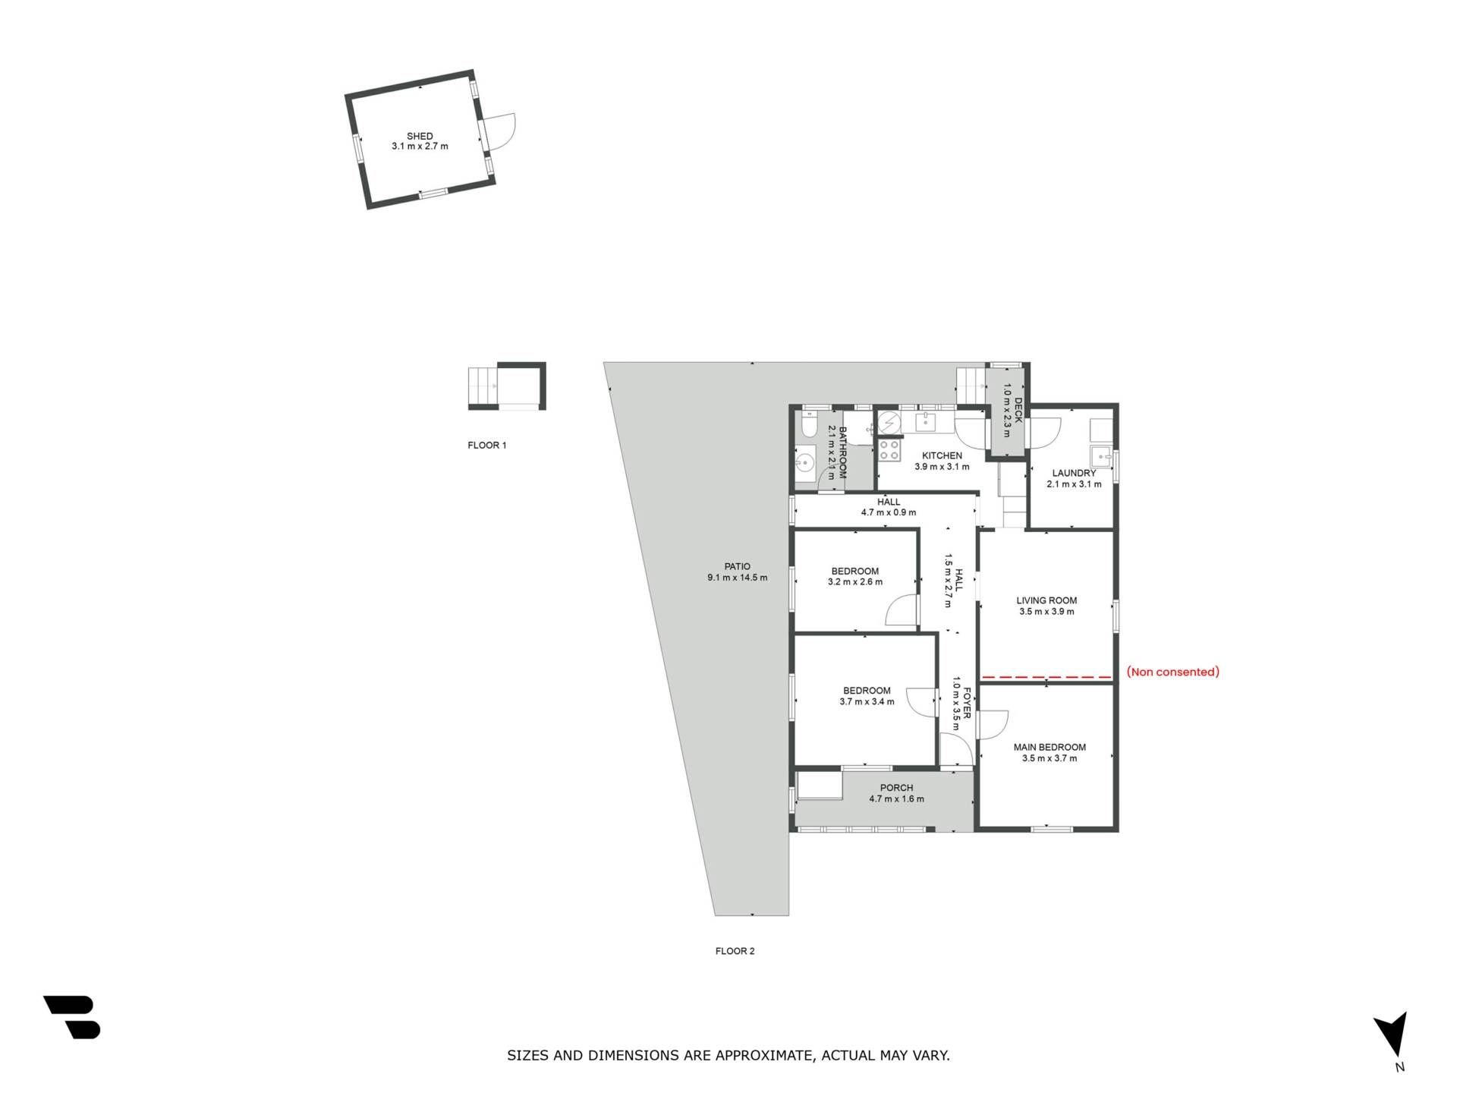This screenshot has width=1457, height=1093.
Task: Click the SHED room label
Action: (420, 136)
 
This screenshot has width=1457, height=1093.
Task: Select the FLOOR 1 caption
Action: (486, 446)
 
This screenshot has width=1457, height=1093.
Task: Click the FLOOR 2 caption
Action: (735, 951)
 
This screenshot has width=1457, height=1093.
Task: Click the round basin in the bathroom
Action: (805, 461)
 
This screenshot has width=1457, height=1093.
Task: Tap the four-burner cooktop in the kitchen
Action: (889, 450)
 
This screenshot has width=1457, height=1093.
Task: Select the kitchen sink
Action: (925, 421)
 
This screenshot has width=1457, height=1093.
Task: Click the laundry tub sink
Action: (1100, 457)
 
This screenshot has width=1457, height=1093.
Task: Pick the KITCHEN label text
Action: (942, 456)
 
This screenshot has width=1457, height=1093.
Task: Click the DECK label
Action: (1018, 410)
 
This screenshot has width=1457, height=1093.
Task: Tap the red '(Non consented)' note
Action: (1172, 672)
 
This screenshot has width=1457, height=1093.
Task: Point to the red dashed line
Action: (1046, 676)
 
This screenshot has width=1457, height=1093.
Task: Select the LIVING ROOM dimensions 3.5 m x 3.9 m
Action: (1046, 612)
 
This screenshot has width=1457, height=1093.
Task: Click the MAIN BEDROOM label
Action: (1049, 747)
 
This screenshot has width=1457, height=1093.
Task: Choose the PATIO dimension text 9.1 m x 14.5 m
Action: (737, 578)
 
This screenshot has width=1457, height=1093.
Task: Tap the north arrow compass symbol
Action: (1392, 1034)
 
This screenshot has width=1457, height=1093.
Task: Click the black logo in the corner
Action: (73, 1017)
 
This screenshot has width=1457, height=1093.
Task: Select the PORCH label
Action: (896, 788)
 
